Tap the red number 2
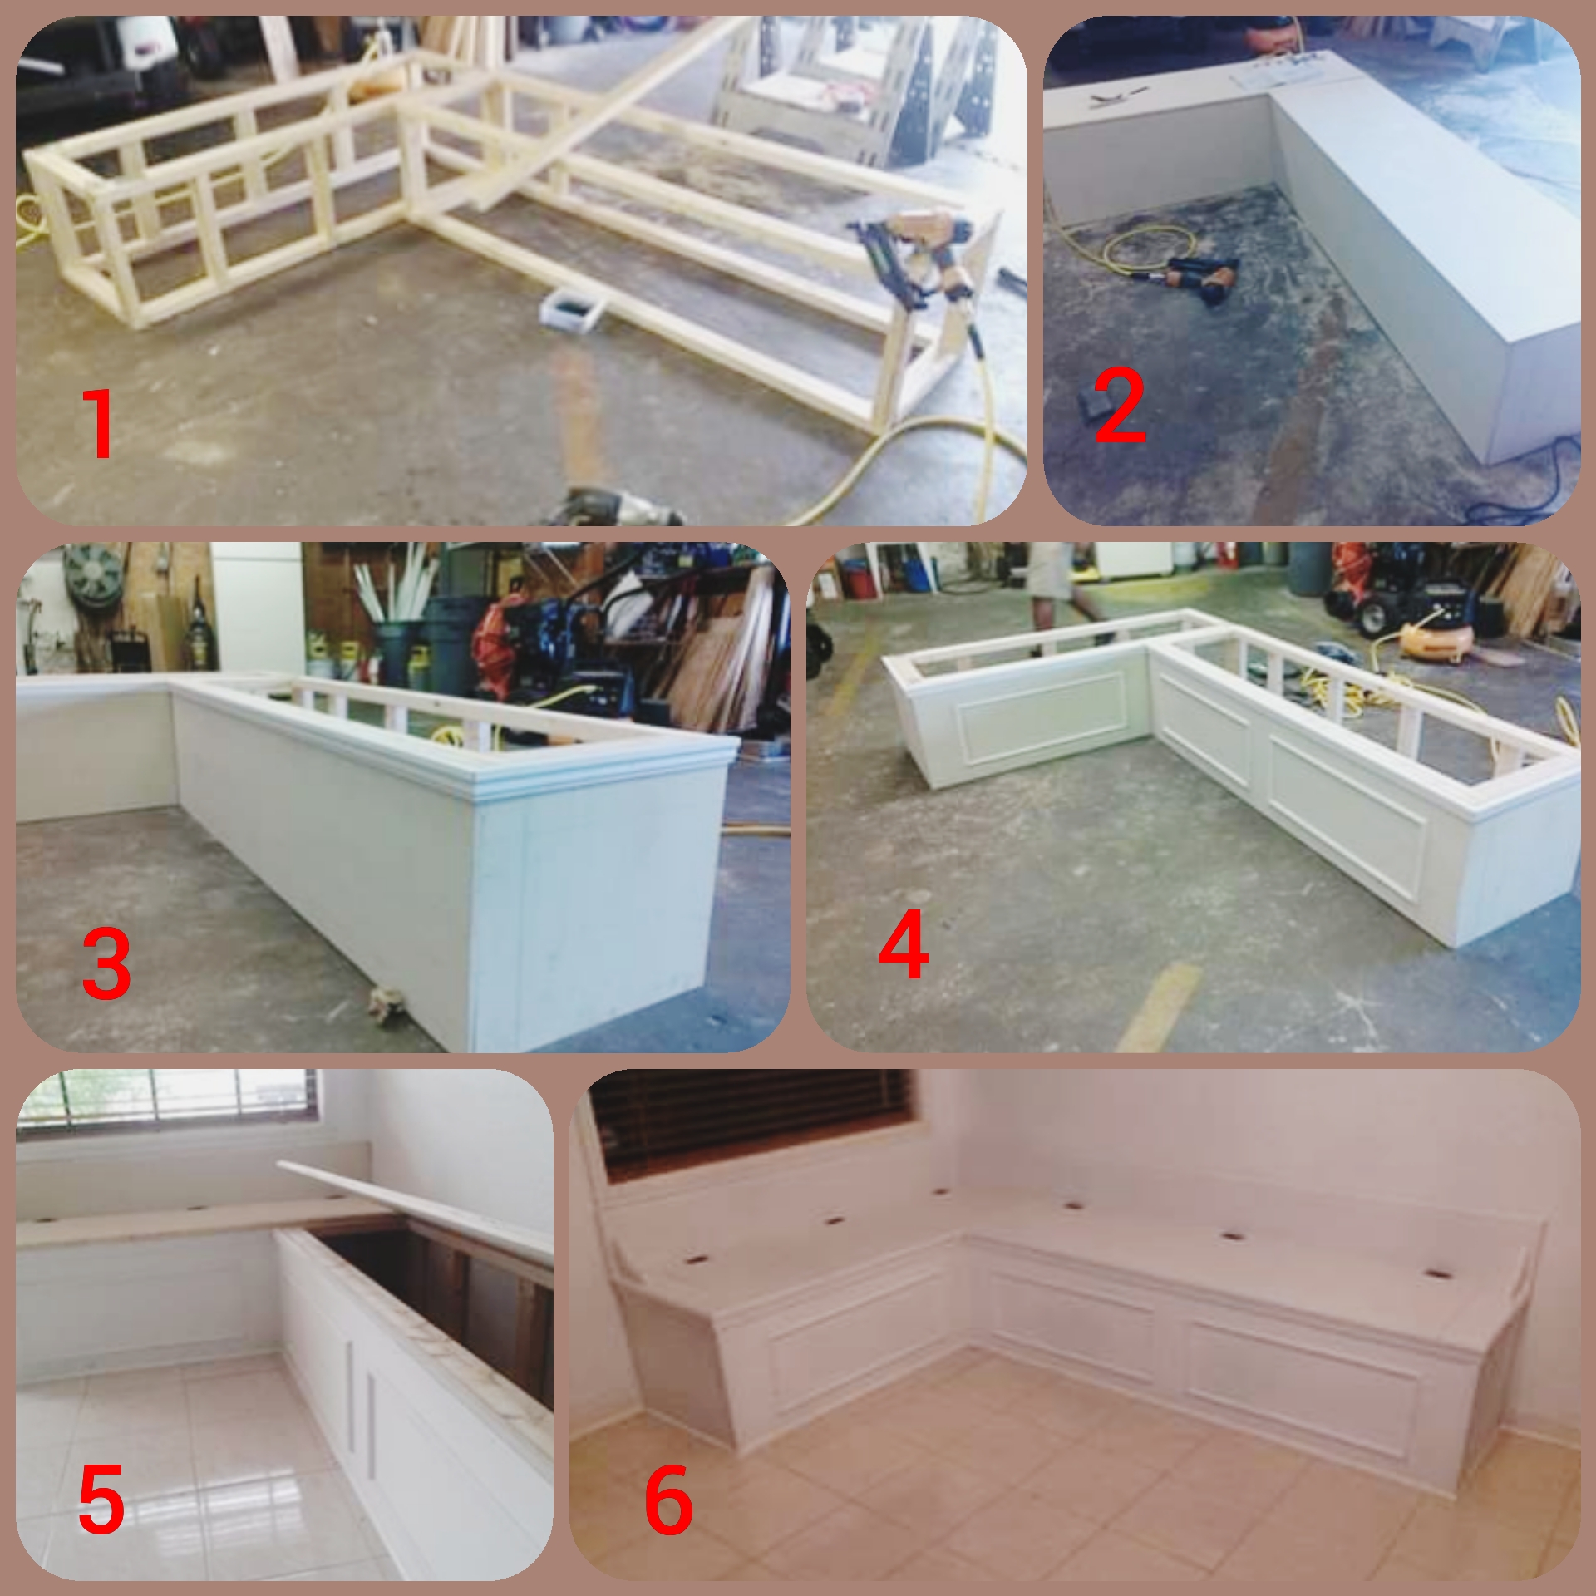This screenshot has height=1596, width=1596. (1120, 406)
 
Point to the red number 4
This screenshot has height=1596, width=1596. (904, 945)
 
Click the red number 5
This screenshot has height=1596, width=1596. (101, 1499)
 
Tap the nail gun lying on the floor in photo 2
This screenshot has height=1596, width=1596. (1201, 278)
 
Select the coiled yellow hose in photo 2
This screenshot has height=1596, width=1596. (1147, 245)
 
